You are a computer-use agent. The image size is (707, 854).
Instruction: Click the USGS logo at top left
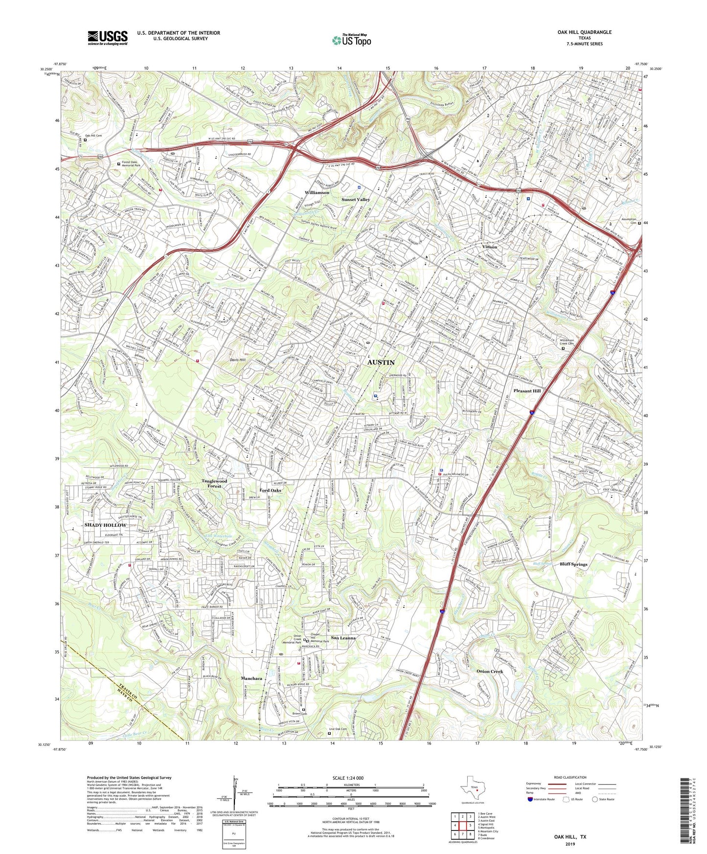coord(108,37)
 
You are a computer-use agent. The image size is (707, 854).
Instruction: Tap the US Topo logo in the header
coord(351,40)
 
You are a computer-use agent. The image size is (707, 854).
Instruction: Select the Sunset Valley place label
coord(356,200)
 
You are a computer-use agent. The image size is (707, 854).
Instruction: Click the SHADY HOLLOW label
coord(105,525)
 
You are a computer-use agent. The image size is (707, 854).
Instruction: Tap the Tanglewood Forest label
coord(214,484)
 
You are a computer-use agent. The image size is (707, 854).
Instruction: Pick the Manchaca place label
coord(251,678)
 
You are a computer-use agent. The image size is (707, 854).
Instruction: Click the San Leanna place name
coord(343,638)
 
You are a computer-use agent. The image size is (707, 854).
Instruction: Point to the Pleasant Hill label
coord(527,391)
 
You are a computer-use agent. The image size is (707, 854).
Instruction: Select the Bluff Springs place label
coord(573,564)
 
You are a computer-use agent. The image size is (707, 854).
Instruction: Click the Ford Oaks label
coord(270,490)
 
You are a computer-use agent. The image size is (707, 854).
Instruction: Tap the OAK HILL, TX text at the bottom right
coord(570,837)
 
